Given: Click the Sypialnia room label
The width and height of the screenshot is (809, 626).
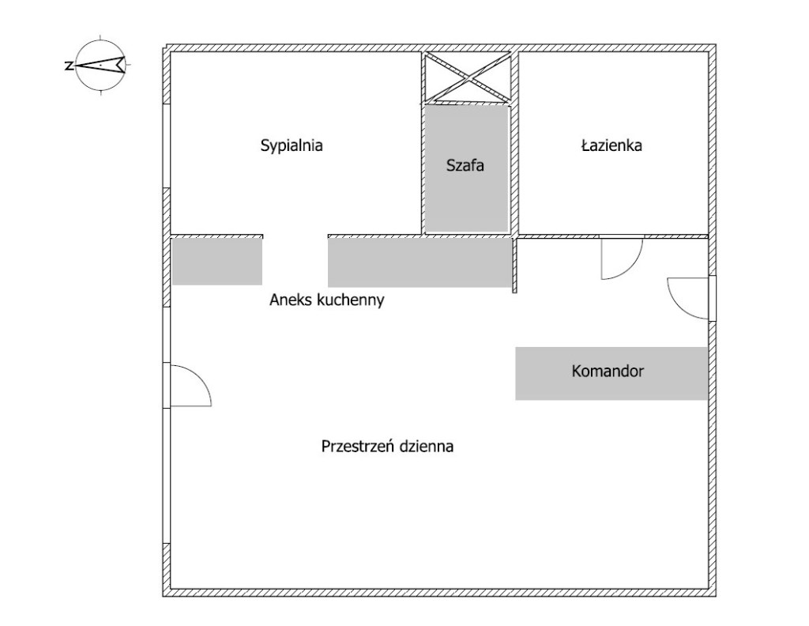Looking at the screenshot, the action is [292, 145].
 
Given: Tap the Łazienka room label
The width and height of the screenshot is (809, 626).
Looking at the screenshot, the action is [611, 145].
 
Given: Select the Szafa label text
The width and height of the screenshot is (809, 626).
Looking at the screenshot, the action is [465, 166].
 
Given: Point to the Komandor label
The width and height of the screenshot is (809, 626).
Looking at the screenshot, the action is [608, 371].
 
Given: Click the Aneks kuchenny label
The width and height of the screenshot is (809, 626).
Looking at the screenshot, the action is [326, 300].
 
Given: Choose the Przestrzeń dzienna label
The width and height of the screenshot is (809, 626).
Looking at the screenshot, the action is [387, 446].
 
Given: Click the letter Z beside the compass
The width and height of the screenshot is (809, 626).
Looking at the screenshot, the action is [68, 66].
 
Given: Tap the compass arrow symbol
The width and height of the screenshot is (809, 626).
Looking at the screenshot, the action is [100, 65].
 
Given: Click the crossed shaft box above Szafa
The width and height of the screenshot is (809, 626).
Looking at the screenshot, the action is [467, 77].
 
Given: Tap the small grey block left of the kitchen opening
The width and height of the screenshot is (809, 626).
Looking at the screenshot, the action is [217, 261].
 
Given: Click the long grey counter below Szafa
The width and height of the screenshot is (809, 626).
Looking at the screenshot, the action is [420, 262].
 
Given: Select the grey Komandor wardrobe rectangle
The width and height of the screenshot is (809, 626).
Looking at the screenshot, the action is [611, 373].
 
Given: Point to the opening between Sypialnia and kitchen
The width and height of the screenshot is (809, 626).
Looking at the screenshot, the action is [295, 236].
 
